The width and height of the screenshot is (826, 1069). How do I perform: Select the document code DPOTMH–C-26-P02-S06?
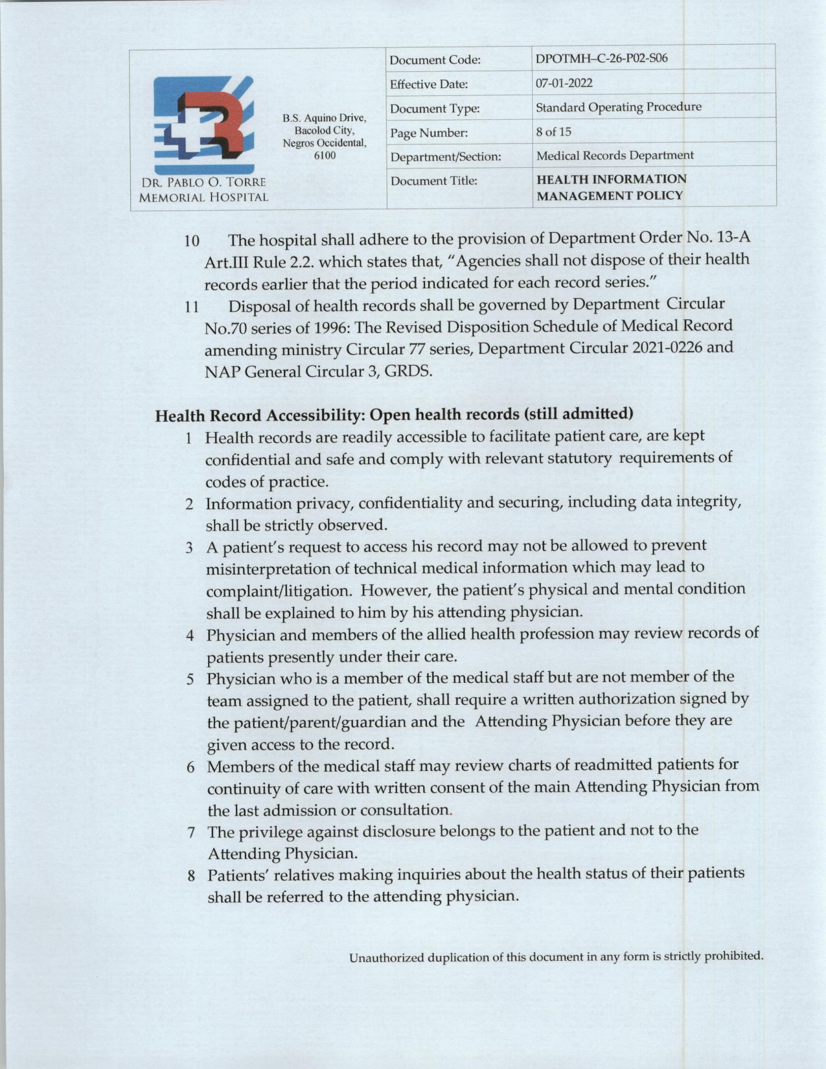[x=602, y=59]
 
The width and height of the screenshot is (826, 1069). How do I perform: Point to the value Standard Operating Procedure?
[x=618, y=107]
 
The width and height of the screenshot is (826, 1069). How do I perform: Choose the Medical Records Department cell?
[x=615, y=155]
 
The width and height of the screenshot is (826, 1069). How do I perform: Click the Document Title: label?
[x=433, y=181]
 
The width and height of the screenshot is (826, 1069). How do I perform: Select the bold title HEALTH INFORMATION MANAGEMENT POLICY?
[x=611, y=187]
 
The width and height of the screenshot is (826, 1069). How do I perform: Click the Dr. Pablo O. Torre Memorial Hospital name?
[x=200, y=190]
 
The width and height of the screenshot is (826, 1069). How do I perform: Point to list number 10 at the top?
[x=192, y=242]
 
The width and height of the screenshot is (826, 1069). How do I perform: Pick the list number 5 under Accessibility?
[x=190, y=680]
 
